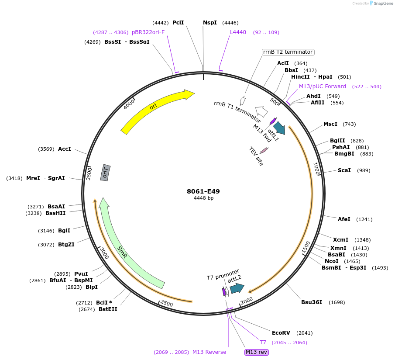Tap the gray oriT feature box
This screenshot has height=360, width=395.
105,173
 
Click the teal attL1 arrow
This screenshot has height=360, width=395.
278,128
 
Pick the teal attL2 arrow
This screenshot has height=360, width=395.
237,288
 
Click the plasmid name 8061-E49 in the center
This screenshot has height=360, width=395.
203,191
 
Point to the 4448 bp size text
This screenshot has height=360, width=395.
203,198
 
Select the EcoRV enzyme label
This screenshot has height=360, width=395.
281,332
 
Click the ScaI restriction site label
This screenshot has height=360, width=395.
344,170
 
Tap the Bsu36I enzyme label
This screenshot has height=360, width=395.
312,302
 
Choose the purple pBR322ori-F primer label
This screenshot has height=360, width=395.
148,32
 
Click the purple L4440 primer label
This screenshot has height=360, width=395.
238,32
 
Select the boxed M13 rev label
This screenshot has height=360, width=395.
257,352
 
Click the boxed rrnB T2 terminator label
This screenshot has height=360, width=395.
288,52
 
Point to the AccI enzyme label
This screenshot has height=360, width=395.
64,149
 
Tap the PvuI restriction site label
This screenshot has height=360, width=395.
81,273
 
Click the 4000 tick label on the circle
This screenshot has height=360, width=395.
130,104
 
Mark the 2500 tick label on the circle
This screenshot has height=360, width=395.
167,303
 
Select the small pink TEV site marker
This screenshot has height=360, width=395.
264,150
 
